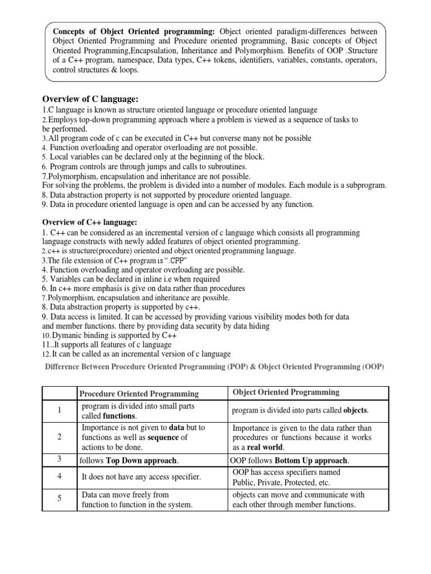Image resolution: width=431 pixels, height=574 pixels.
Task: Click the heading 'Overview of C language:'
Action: (90, 99)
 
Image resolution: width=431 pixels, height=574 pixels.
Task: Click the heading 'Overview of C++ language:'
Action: (90, 223)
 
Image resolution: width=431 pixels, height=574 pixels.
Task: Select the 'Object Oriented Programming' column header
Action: (286, 392)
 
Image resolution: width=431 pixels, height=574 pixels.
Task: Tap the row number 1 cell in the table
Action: (59, 411)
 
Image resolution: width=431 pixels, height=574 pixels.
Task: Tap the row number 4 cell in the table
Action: (59, 476)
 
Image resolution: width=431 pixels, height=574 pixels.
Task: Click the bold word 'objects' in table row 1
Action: (356, 411)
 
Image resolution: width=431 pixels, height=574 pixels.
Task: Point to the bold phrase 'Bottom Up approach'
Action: (311, 461)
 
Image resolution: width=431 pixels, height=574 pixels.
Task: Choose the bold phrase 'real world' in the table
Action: (265, 447)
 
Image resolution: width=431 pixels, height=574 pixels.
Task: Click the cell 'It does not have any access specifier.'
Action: (141, 477)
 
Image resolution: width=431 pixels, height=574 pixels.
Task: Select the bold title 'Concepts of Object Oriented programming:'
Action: (135, 31)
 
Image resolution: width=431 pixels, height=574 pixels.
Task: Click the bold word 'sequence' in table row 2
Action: (161, 437)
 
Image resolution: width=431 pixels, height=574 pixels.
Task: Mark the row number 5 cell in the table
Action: (59, 498)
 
